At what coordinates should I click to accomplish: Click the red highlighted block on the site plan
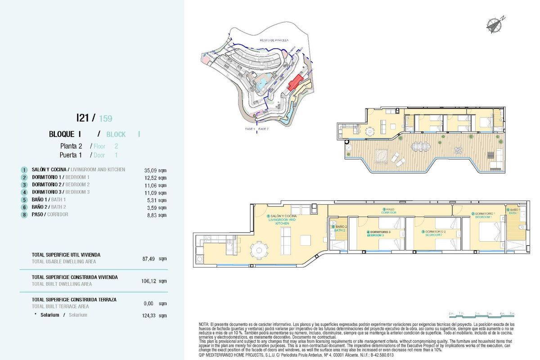pos(296,82)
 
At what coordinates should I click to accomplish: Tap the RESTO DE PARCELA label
pos(274,40)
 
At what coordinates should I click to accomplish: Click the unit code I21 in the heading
pos(83,118)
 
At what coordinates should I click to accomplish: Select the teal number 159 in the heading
pos(105,119)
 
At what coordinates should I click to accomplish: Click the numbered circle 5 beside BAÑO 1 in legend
pos(24,200)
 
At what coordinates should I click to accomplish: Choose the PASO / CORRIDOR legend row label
pos(50,215)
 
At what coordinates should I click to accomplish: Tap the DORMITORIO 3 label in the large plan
pos(378,233)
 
